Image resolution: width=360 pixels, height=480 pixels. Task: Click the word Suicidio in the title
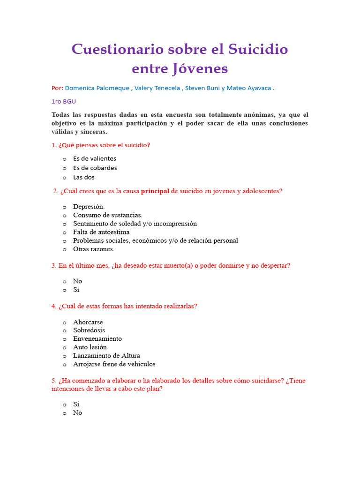[x=258, y=49]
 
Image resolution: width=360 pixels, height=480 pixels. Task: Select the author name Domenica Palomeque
[x=97, y=88]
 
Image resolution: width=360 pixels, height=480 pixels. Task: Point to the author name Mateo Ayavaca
[x=248, y=88]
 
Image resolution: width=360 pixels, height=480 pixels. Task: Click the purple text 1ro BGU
[x=63, y=101]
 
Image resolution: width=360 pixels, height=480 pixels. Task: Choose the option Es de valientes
[x=95, y=158]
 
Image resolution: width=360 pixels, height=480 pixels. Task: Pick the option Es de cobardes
[x=95, y=168]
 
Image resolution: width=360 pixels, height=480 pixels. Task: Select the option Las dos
[x=84, y=177]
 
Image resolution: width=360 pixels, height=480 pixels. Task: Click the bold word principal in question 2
[x=155, y=191]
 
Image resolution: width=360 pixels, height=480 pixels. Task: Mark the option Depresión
[x=89, y=207]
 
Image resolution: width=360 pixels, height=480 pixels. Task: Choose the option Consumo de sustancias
[x=108, y=215]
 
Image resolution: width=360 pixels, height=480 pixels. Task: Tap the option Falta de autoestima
[x=101, y=232]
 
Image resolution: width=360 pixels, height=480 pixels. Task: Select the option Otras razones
[x=94, y=249]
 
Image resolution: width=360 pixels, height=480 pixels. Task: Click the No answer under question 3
[x=77, y=281]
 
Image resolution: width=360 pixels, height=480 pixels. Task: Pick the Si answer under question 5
[x=76, y=404]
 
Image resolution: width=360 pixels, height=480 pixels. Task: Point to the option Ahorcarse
[x=88, y=322]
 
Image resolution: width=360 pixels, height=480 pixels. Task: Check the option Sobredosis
[x=89, y=330]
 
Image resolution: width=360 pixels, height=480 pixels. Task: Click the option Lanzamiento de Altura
[x=106, y=356]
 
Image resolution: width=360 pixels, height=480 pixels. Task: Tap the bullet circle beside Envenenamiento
[x=65, y=339]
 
